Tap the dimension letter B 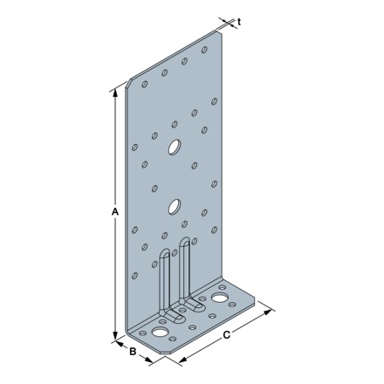[133, 353]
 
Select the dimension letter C [227, 334]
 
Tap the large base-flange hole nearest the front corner [161, 333]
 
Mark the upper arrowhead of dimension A [114, 91]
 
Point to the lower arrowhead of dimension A [114, 337]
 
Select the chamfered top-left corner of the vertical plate [130, 84]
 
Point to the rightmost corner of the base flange [254, 301]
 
